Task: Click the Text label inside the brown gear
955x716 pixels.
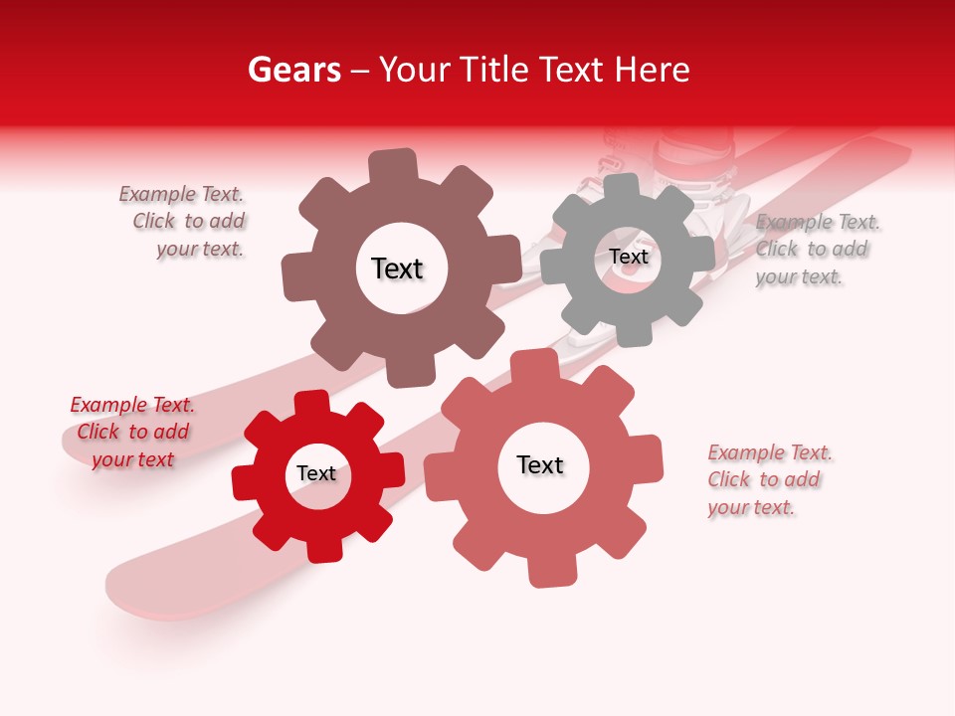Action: pos(397,268)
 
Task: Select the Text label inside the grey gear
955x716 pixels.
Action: pos(628,257)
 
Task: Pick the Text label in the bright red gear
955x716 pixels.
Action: pos(316,474)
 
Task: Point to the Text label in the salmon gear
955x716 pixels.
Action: pos(540,465)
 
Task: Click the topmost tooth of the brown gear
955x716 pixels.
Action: pos(392,165)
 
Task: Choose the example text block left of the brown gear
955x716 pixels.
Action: pos(183,222)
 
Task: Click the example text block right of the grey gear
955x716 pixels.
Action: pos(816,250)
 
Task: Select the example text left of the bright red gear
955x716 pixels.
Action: pos(132,433)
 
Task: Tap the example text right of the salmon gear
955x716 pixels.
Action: pos(768,480)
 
